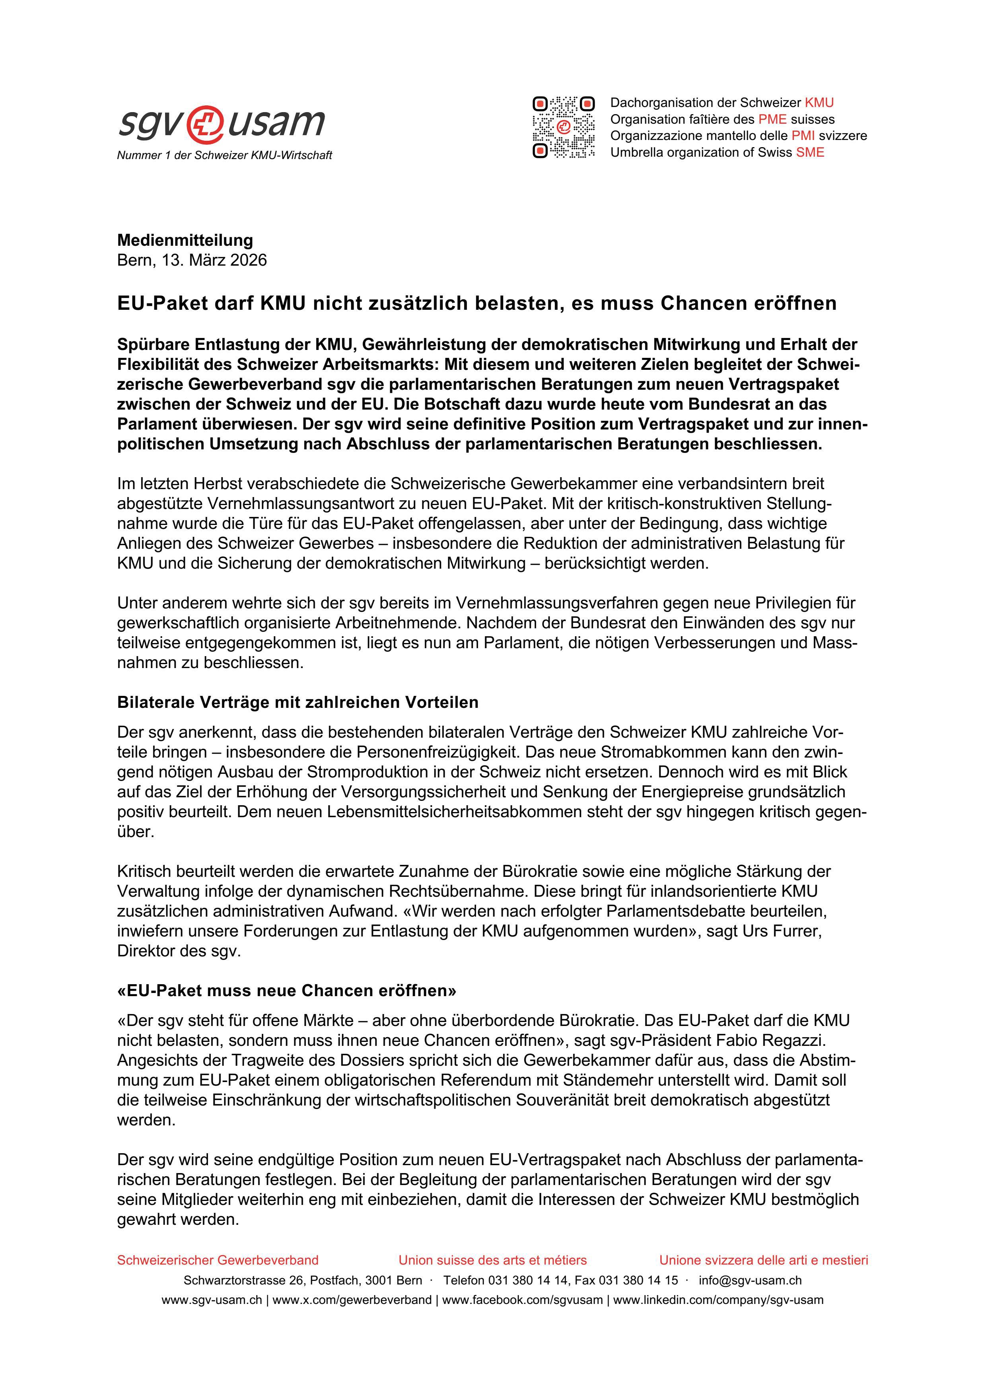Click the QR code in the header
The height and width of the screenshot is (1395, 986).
coord(563,128)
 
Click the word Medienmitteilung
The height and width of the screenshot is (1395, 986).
coord(185,240)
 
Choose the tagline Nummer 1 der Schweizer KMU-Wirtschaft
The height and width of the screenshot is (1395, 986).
coord(224,155)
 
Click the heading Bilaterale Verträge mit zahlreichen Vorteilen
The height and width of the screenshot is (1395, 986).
coord(298,702)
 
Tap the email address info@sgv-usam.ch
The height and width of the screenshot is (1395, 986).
coord(750,1280)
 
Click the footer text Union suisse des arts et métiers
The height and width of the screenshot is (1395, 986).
coord(492,1260)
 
